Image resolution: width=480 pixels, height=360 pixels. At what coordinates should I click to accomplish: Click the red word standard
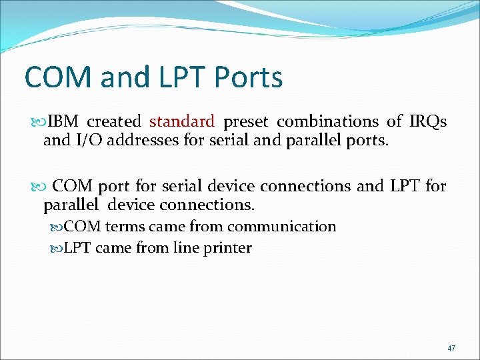tap(182, 121)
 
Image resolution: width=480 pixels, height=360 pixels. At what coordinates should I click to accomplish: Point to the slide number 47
tap(451, 348)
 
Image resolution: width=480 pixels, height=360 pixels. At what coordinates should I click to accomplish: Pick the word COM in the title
tap(58, 77)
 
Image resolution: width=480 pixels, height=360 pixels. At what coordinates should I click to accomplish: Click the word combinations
tap(327, 121)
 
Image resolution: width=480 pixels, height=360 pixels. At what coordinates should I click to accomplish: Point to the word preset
tap(246, 121)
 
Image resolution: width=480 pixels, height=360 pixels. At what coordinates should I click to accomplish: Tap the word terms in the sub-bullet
tap(125, 227)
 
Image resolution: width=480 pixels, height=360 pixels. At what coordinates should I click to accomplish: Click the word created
tap(114, 121)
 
